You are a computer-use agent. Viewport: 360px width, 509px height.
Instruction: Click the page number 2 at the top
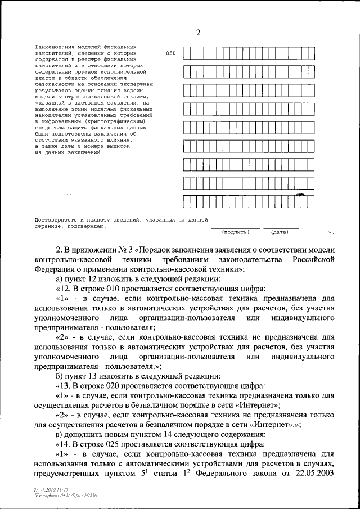pyautogui.click(x=198, y=33)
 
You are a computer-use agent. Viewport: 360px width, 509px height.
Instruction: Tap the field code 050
pyautogui.click(x=171, y=53)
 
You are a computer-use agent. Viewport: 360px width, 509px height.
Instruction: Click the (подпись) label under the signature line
pyautogui.click(x=235, y=232)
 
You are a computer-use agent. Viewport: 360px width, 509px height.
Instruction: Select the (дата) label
pyautogui.click(x=280, y=232)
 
